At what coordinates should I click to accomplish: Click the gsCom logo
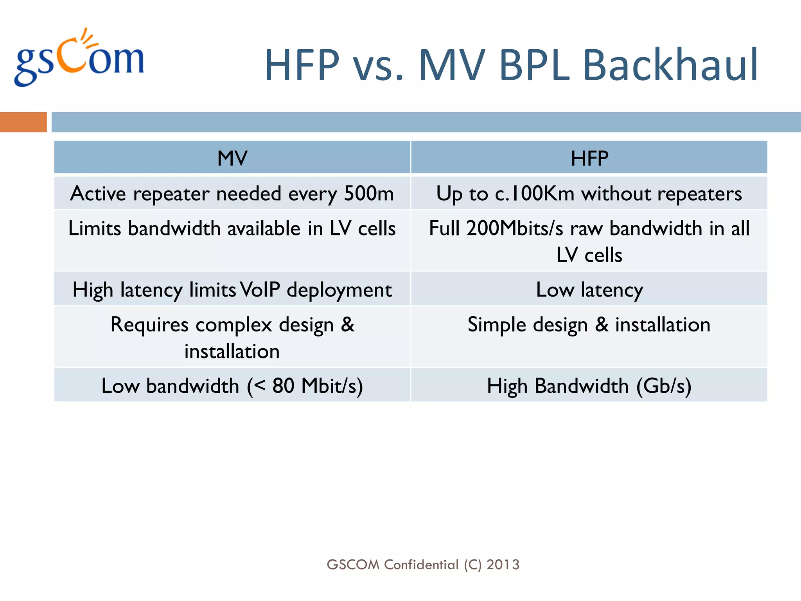pos(79,59)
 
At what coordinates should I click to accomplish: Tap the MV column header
pos(232,158)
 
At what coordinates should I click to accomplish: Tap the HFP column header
pos(589,158)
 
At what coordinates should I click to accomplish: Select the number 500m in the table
pos(368,193)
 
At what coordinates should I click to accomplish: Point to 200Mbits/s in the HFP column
pos(514,228)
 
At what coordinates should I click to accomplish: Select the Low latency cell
pos(589,290)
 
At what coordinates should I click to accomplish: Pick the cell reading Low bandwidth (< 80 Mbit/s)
pos(232,386)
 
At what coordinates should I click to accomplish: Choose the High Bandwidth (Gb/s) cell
pos(589,386)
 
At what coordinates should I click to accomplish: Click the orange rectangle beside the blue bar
pos(23,122)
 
